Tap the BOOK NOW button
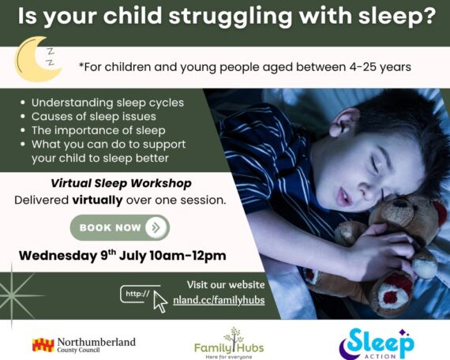(120, 227)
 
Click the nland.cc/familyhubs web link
(219, 300)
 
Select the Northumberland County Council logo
(84, 345)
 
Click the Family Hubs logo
(229, 343)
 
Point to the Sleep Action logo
(377, 343)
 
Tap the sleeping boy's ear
(342, 122)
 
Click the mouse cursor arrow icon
(160, 302)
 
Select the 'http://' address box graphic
(140, 294)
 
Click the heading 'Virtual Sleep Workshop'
(121, 183)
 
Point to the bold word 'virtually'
(97, 200)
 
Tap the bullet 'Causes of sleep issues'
(94, 117)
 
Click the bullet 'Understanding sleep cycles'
(107, 103)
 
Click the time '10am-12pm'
(188, 256)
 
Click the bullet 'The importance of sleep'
(99, 130)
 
